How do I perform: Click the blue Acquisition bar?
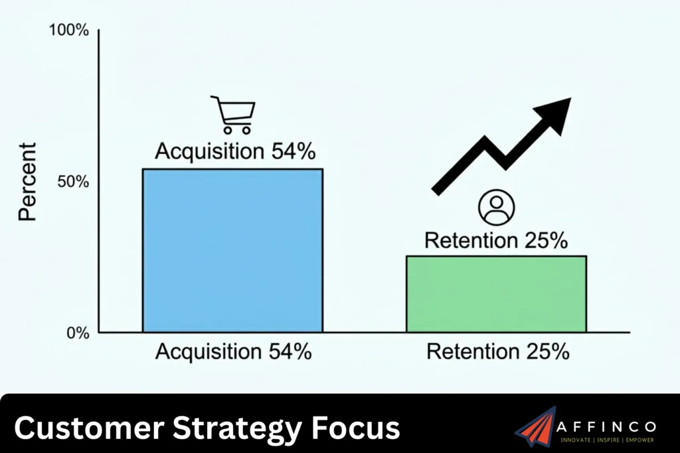pyautogui.click(x=232, y=250)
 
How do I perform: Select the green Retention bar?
pyautogui.click(x=496, y=294)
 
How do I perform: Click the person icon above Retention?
pyautogui.click(x=496, y=208)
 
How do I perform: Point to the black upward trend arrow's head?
pyautogui.click(x=554, y=113)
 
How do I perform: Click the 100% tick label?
pyautogui.click(x=68, y=31)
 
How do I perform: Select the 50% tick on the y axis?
pyautogui.click(x=73, y=182)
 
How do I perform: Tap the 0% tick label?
pyautogui.click(x=78, y=332)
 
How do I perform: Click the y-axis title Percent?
pyautogui.click(x=29, y=181)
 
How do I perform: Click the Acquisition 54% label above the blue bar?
pyautogui.click(x=234, y=151)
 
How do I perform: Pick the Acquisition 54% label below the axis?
pyautogui.click(x=233, y=351)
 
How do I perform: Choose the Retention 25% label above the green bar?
pyautogui.click(x=496, y=240)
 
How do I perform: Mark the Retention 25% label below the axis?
pyautogui.click(x=497, y=351)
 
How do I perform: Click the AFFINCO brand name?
pyautogui.click(x=608, y=426)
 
